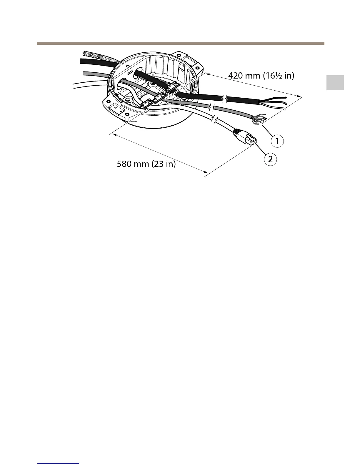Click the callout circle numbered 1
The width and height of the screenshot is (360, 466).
[x=277, y=141]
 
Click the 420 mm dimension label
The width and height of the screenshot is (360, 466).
[x=261, y=76]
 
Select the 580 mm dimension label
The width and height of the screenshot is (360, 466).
[x=146, y=164]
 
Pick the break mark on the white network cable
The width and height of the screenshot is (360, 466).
[x=214, y=120]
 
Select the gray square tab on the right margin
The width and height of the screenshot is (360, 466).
[x=335, y=83]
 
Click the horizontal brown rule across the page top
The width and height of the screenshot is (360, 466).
[x=180, y=44]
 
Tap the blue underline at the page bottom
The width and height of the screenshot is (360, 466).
[x=59, y=464]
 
